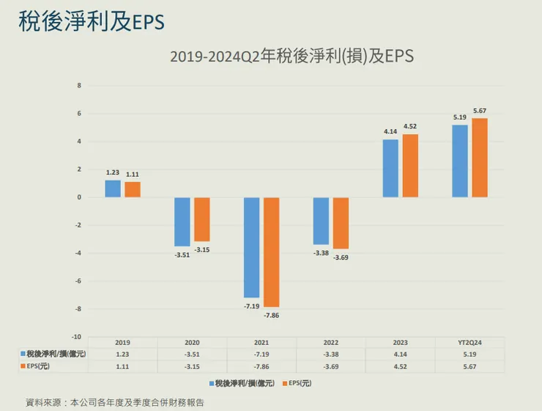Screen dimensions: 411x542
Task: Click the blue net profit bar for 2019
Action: [x=113, y=189]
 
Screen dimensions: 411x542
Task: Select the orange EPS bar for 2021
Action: [x=271, y=252]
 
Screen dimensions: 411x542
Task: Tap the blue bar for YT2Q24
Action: [x=460, y=161]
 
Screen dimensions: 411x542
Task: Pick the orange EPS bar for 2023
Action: [x=410, y=166]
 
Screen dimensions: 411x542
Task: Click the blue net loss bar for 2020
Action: [x=182, y=222]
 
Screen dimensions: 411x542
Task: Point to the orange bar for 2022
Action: [x=341, y=223]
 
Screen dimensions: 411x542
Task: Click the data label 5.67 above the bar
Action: [x=480, y=111]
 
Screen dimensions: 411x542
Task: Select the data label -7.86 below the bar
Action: [x=271, y=315]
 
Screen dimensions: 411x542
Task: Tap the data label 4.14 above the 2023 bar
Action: [x=390, y=132]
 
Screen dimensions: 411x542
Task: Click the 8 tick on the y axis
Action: [x=79, y=86]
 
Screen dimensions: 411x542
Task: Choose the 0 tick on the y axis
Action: [x=79, y=197]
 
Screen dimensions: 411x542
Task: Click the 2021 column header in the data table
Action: [x=261, y=343]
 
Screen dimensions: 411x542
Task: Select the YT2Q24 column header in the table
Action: [x=469, y=343]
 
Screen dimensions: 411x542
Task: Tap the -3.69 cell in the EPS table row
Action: [x=331, y=365]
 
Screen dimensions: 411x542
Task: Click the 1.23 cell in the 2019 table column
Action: [x=122, y=353]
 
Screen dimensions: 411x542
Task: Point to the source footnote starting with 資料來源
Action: [x=115, y=402]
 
